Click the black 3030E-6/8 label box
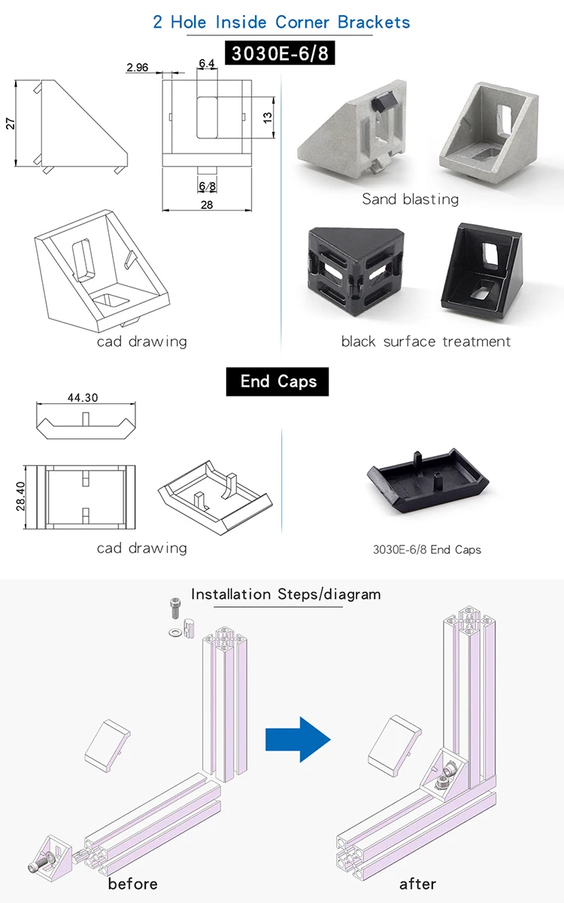(x=282, y=55)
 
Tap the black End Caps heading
(x=278, y=382)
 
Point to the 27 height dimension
(x=11, y=123)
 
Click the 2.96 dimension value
(x=138, y=68)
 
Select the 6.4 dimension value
(x=207, y=64)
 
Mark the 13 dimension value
(x=267, y=117)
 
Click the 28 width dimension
(x=207, y=205)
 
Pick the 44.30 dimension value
(x=83, y=397)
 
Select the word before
(x=132, y=883)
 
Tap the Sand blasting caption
(x=410, y=199)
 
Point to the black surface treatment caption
(x=426, y=342)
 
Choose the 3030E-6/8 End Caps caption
(x=426, y=549)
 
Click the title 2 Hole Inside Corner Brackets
(x=282, y=22)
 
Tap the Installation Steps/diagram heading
(x=286, y=594)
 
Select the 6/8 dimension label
(x=208, y=185)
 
